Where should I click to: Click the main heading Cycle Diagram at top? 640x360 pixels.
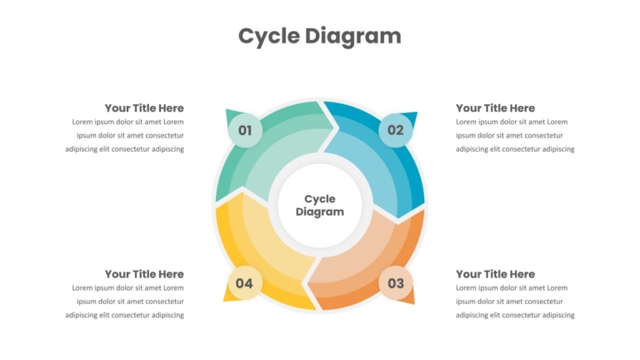[x=320, y=37]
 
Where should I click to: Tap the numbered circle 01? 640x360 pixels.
[x=245, y=130]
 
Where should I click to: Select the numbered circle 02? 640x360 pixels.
[x=395, y=130]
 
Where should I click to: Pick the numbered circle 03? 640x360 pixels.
[x=396, y=282]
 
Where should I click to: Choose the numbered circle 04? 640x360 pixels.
[x=244, y=282]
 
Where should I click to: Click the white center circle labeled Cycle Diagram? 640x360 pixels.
[x=320, y=205]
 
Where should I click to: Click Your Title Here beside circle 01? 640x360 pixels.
[x=144, y=108]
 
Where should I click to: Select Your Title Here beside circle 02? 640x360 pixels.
[x=495, y=108]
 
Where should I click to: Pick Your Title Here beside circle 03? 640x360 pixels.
[x=495, y=274]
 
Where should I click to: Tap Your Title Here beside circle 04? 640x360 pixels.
[x=144, y=274]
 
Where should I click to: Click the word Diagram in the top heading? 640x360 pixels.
[x=353, y=37]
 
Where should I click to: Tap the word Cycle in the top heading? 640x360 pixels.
[x=269, y=37]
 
